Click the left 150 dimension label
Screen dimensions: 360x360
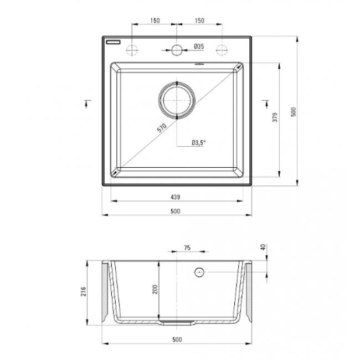tap(155, 20)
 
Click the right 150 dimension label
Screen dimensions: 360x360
tap(199, 20)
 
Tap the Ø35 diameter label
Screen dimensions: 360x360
tap(199, 47)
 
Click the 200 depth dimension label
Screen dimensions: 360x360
tap(155, 289)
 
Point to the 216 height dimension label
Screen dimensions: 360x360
tap(83, 291)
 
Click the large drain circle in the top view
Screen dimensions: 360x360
tap(177, 100)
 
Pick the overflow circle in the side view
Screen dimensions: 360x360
tap(199, 272)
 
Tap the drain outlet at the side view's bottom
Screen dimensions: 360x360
tap(177, 321)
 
